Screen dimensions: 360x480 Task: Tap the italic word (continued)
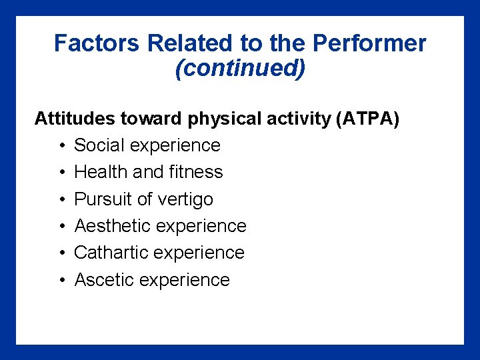[x=240, y=69]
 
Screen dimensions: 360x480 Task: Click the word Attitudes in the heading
[x=75, y=119]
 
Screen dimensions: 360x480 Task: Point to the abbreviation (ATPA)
[x=368, y=119]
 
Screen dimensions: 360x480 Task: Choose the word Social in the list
[x=99, y=145]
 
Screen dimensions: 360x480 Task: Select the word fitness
[x=197, y=172]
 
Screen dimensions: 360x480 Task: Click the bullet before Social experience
[x=61, y=146]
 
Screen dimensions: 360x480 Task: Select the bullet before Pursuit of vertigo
[x=61, y=200]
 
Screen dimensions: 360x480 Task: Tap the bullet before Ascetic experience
[x=61, y=281]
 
